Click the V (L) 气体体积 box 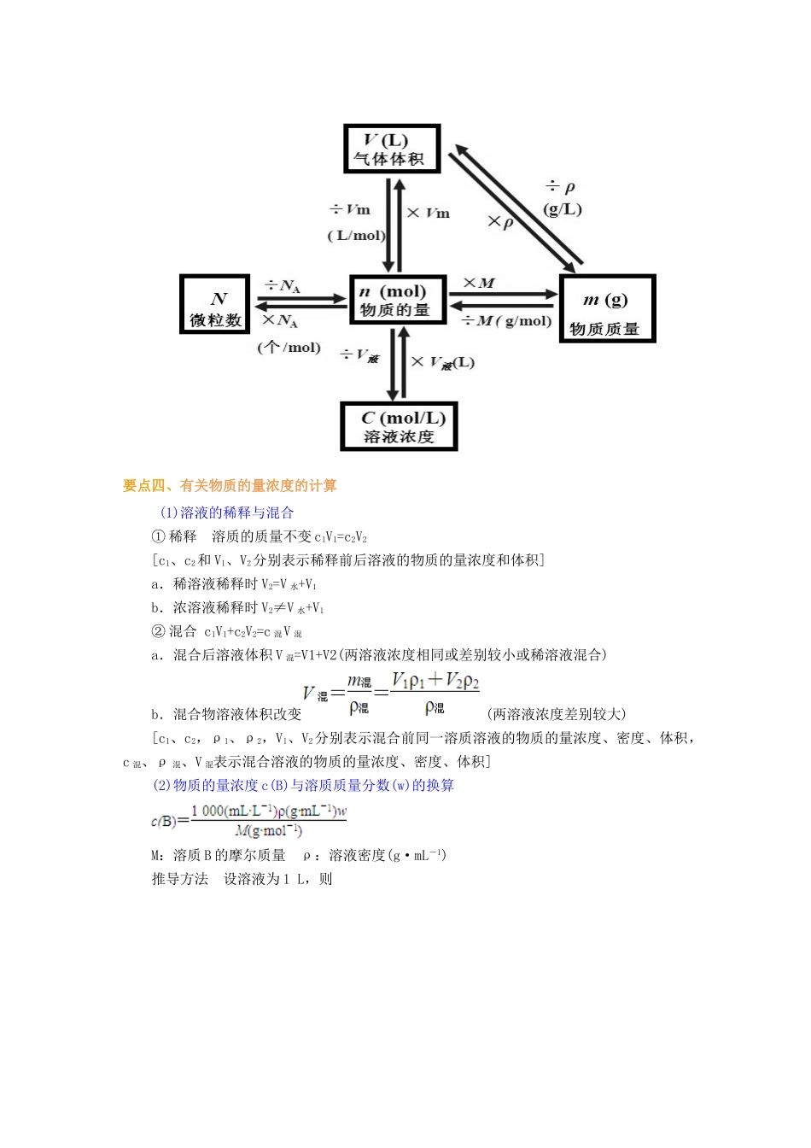click(x=392, y=149)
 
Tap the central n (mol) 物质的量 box click(x=397, y=300)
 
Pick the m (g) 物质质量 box click(x=607, y=309)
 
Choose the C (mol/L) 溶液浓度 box click(x=399, y=426)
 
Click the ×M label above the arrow click(x=478, y=284)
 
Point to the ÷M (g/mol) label click(x=506, y=321)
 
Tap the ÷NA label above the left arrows click(x=283, y=286)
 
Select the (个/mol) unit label click(x=289, y=348)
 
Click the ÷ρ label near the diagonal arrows click(x=561, y=186)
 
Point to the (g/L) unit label click(x=563, y=209)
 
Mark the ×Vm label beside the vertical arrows click(x=429, y=213)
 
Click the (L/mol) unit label click(x=357, y=236)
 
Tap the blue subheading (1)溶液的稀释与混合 click(x=227, y=512)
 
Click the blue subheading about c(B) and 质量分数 click(x=304, y=785)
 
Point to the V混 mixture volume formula click(x=391, y=693)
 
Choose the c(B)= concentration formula click(x=249, y=820)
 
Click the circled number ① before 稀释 click(x=158, y=536)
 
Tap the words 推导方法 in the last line click(x=179, y=879)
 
